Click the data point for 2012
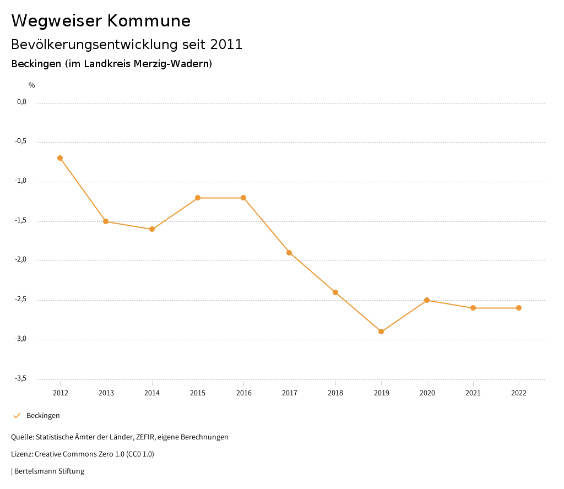pyautogui.click(x=60, y=158)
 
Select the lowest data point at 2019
pyautogui.click(x=381, y=332)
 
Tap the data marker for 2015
pyautogui.click(x=198, y=198)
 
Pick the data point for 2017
pyautogui.click(x=289, y=253)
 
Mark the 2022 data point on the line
pyautogui.click(x=519, y=308)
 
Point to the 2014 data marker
pyautogui.click(x=152, y=229)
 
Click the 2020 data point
pyautogui.click(x=427, y=300)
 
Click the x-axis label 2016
pyautogui.click(x=243, y=393)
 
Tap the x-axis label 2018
pyautogui.click(x=335, y=393)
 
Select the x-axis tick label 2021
pyautogui.click(x=473, y=393)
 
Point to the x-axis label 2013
pyautogui.click(x=106, y=393)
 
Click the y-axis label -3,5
pyautogui.click(x=21, y=378)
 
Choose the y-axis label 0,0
pyautogui.click(x=21, y=102)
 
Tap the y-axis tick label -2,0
pyautogui.click(x=21, y=260)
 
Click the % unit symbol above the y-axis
pyautogui.click(x=32, y=85)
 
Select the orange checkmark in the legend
pyautogui.click(x=17, y=416)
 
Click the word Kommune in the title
pyautogui.click(x=149, y=21)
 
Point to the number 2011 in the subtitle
pyautogui.click(x=226, y=45)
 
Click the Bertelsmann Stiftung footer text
pyautogui.click(x=49, y=471)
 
